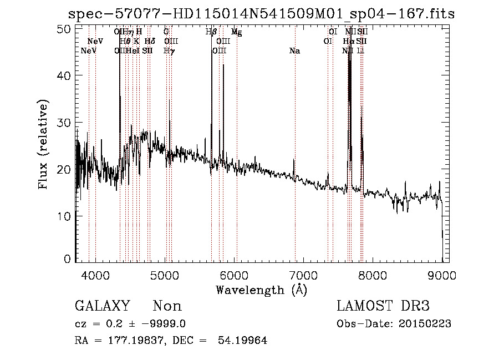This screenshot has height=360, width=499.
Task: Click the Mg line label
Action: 237,33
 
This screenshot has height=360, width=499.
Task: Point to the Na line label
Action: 295,51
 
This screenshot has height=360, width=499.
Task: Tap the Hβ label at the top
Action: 211,33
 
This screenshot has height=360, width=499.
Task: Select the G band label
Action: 166,33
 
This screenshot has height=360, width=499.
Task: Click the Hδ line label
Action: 150,42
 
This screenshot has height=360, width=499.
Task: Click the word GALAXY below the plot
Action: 103,306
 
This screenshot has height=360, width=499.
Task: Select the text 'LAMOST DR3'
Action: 383,306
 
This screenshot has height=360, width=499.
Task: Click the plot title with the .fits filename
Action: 261,14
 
